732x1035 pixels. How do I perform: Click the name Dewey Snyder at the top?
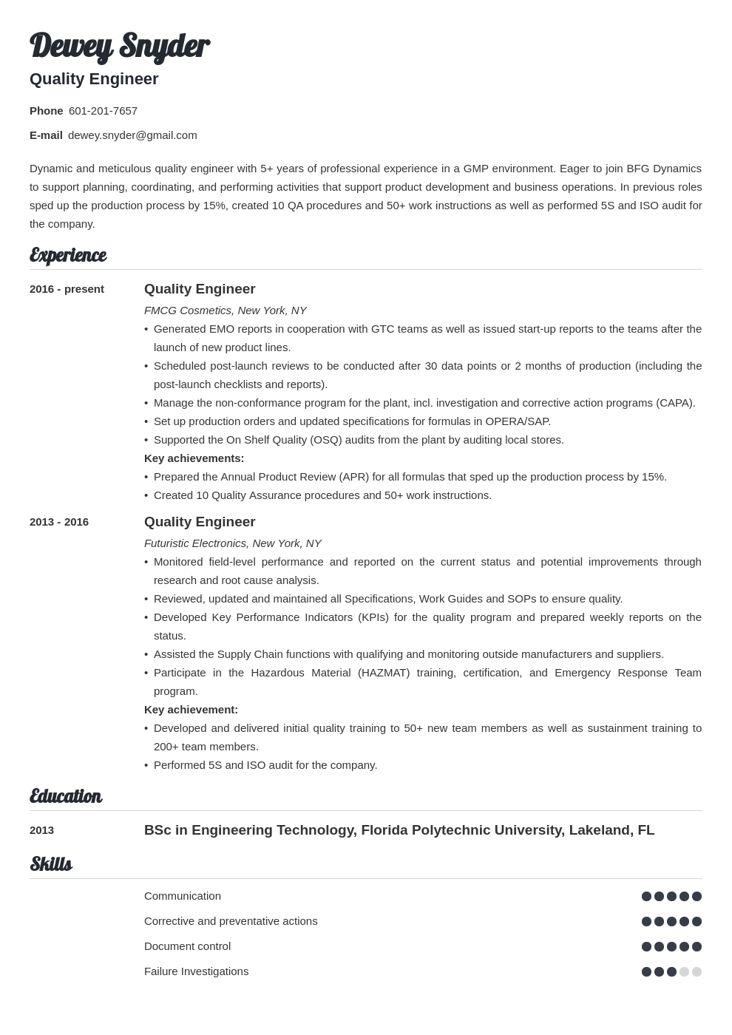[119, 46]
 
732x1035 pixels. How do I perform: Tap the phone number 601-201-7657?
[103, 111]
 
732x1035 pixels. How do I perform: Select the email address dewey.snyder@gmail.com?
[132, 135]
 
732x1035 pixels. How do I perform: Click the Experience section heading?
[68, 255]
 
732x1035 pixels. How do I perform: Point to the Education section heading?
[65, 796]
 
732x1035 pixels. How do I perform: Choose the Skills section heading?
[51, 864]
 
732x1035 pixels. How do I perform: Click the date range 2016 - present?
[67, 289]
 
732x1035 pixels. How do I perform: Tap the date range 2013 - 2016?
[59, 522]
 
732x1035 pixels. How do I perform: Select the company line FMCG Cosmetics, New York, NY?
[225, 310]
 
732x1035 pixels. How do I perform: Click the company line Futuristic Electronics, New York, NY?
[232, 543]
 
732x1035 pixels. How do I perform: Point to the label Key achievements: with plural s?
[194, 458]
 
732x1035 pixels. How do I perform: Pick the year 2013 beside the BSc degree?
[41, 830]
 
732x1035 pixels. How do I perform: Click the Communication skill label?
[183, 896]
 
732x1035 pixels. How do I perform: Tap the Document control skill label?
[187, 946]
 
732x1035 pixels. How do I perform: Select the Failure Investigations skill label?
[196, 971]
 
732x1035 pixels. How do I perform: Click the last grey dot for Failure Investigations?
[697, 971]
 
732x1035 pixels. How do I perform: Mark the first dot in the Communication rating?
[646, 896]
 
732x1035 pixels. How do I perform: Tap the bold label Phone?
[46, 111]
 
